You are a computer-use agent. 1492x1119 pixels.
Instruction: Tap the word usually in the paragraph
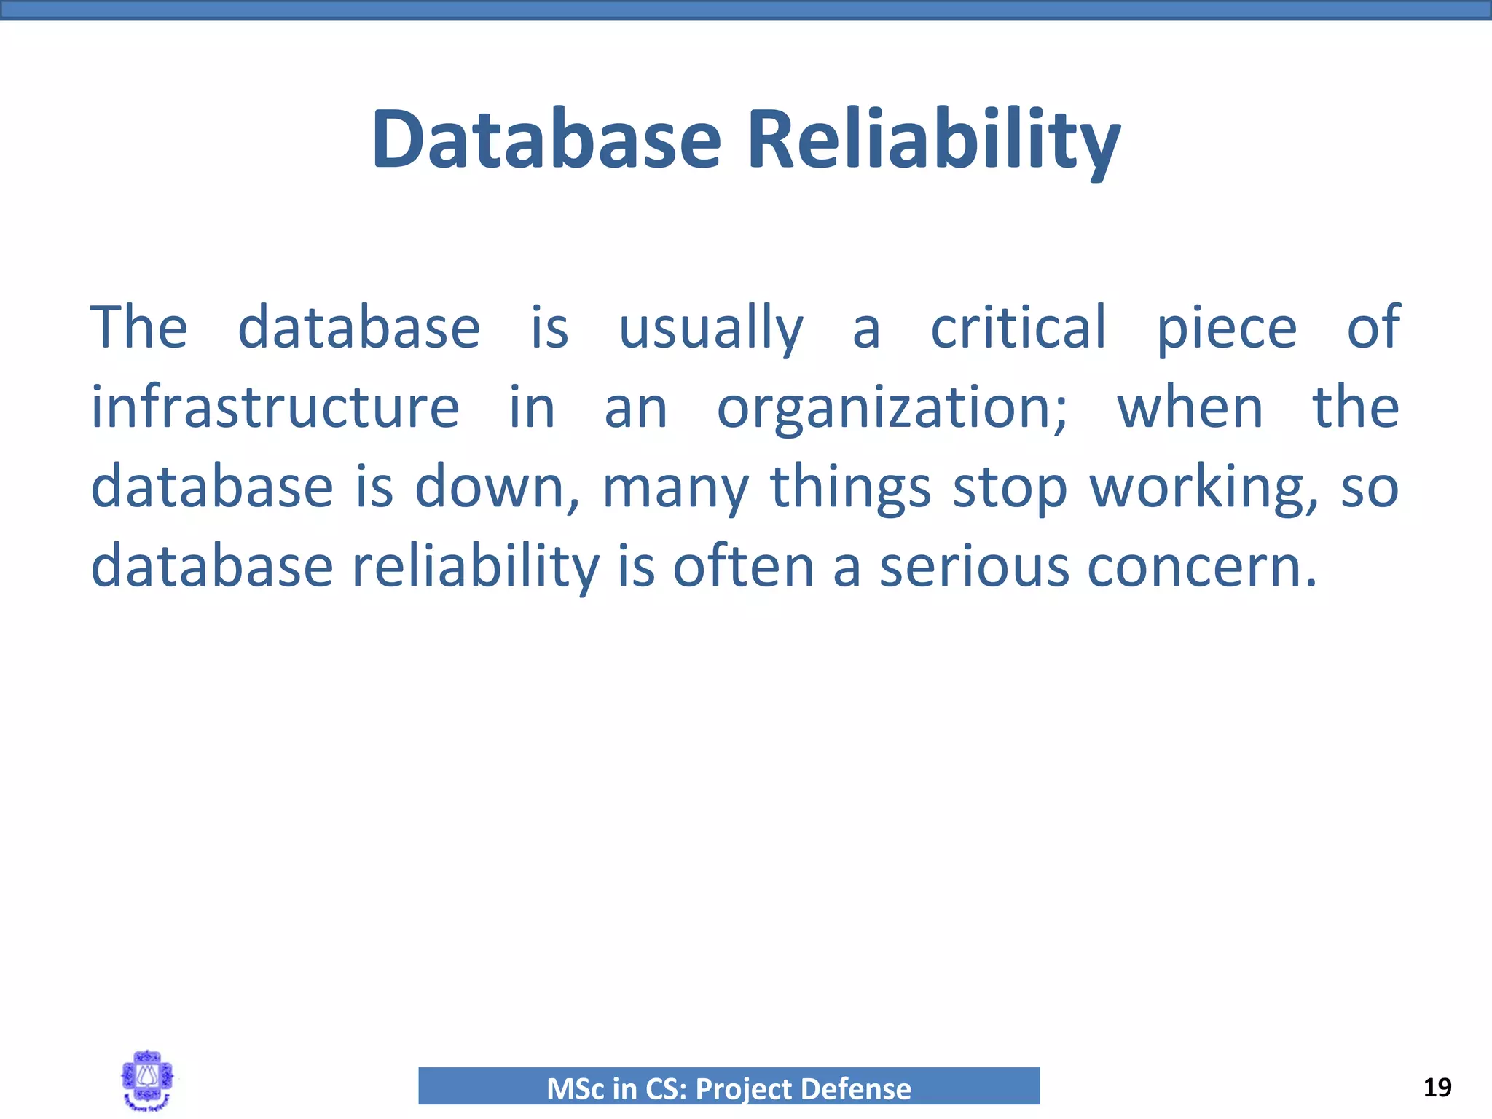[x=710, y=329]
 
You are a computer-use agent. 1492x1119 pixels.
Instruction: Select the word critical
[x=1018, y=327]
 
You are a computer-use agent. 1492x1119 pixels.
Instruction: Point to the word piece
[x=1227, y=329]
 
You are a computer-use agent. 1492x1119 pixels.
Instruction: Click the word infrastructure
[x=275, y=407]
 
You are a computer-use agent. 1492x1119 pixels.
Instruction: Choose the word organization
[x=891, y=407]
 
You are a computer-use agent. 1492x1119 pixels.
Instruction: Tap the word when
[x=1190, y=407]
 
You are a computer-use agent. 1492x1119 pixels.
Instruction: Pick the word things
[x=850, y=487]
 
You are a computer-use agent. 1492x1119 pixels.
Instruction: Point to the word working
[x=1203, y=487]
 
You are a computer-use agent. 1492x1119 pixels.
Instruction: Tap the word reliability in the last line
[x=476, y=566]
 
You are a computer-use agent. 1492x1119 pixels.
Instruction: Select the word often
[x=742, y=566]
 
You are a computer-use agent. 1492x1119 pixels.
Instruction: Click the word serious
[x=974, y=566]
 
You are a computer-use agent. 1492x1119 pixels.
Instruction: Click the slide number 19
[x=1437, y=1088]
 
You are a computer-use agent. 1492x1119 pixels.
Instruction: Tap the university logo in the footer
[x=148, y=1080]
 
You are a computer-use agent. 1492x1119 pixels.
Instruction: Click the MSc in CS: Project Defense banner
[x=729, y=1086]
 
